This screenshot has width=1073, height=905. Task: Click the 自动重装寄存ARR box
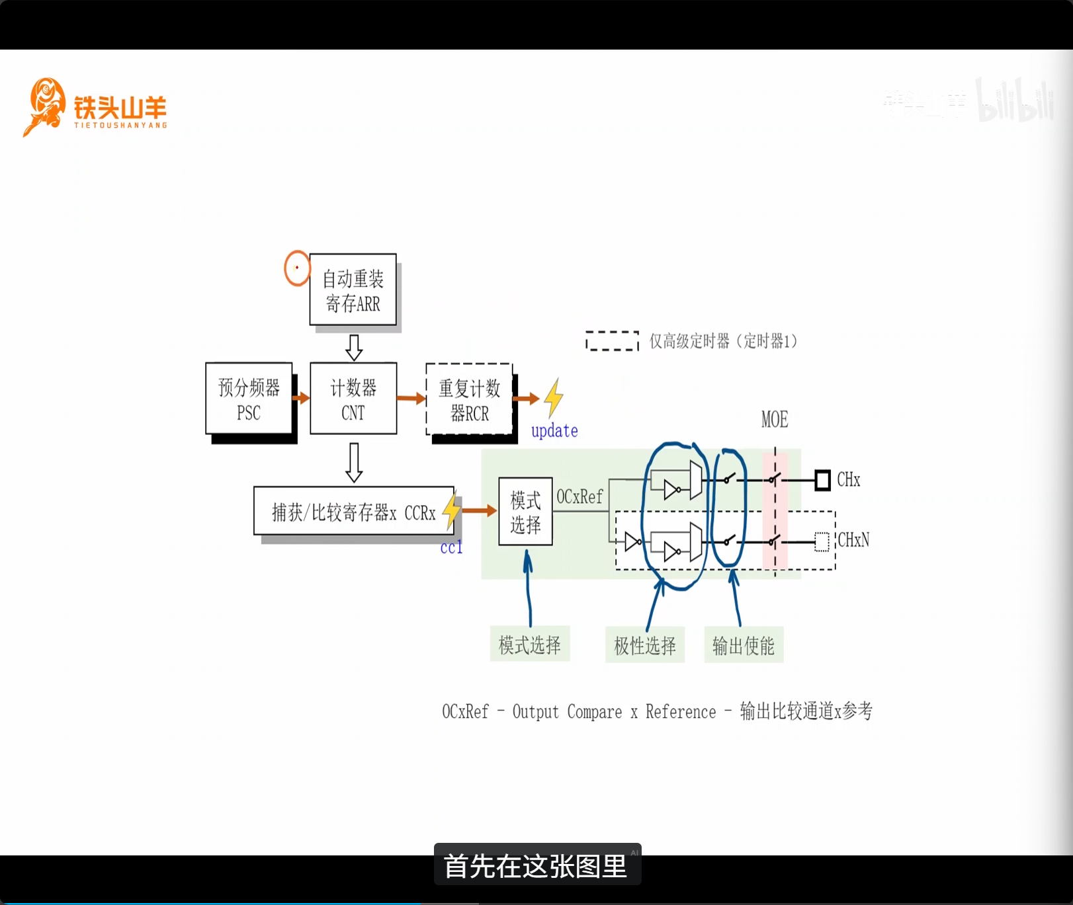(353, 290)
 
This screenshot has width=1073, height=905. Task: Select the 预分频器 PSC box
(249, 399)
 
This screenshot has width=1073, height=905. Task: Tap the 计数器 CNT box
(353, 399)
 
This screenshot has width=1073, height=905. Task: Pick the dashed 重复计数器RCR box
(469, 399)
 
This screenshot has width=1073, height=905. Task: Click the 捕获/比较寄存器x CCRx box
(354, 512)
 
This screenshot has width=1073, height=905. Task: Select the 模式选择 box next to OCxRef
(525, 512)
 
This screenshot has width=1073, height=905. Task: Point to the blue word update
(554, 431)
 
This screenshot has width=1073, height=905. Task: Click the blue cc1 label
(451, 547)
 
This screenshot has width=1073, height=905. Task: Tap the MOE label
(774, 420)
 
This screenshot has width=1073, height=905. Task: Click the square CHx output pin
(822, 480)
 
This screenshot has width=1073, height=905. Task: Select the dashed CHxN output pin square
(822, 542)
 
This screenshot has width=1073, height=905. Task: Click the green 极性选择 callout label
(645, 645)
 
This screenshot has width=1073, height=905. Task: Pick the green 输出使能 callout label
(744, 645)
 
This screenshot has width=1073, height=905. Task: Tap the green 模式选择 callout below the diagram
(529, 645)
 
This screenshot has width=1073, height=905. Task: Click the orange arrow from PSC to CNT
(301, 398)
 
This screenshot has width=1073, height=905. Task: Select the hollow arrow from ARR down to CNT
(354, 347)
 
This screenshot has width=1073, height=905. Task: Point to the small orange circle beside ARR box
(297, 268)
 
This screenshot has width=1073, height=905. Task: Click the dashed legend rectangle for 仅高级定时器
(612, 340)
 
